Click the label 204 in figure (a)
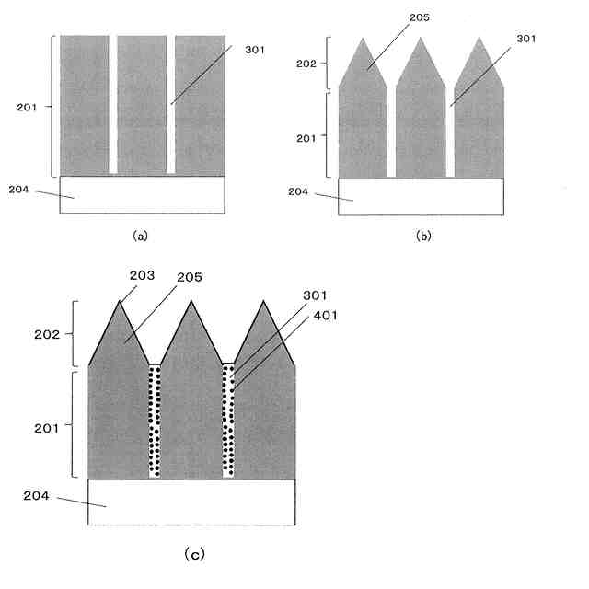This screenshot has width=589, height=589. [x=18, y=190]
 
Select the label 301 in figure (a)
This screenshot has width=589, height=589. [x=255, y=49]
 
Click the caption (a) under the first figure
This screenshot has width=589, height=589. [x=140, y=235]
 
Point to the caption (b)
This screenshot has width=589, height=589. [x=422, y=235]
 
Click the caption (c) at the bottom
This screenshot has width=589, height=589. [x=194, y=553]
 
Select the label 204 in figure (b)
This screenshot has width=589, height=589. [x=298, y=191]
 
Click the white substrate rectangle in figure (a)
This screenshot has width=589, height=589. [x=142, y=194]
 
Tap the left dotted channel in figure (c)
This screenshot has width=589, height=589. [x=155, y=420]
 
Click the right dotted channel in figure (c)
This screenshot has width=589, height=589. [x=228, y=420]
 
